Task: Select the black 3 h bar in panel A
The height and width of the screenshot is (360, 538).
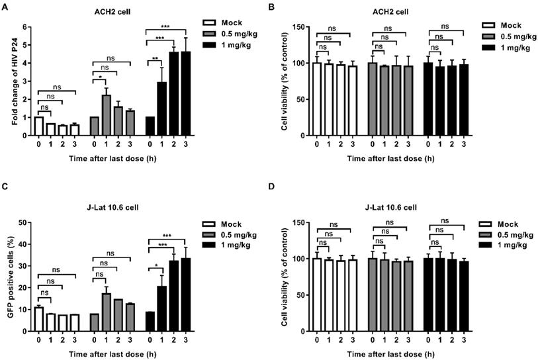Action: (x=185, y=93)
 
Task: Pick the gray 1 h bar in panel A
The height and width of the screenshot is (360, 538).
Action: (x=105, y=115)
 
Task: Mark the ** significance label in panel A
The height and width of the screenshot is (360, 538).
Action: (x=155, y=58)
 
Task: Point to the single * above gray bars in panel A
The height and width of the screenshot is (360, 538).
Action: (x=99, y=79)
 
